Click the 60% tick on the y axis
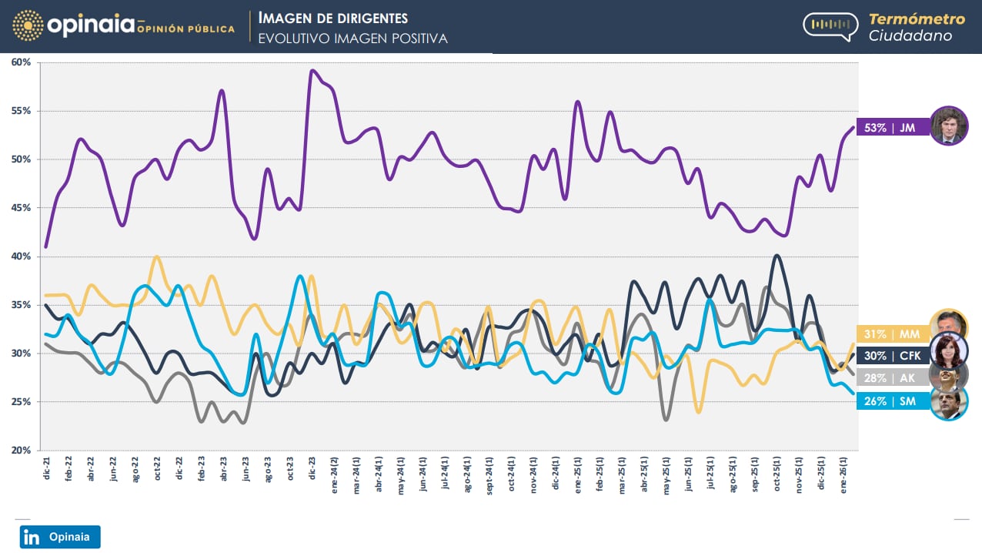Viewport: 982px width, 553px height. coord(20,62)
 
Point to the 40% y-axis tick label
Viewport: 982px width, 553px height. coord(20,256)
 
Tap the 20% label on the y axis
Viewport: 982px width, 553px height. coord(20,451)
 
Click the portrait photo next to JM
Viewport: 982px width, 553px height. coord(949,126)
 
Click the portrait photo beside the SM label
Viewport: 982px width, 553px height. coord(949,402)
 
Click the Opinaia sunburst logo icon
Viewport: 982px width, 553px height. coord(28,25)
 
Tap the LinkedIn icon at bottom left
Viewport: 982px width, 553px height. coord(32,537)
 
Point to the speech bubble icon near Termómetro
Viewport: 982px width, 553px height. coord(830,25)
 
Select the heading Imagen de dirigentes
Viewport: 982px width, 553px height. coord(332,18)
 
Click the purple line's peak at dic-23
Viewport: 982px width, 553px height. coord(312,71)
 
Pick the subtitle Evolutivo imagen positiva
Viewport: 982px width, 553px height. coord(352,38)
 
